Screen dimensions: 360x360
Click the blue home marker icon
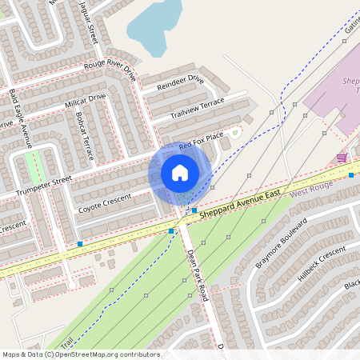click(x=180, y=173)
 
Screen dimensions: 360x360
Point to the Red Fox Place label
click(x=201, y=145)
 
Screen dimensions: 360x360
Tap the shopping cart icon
click(x=342, y=157)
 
